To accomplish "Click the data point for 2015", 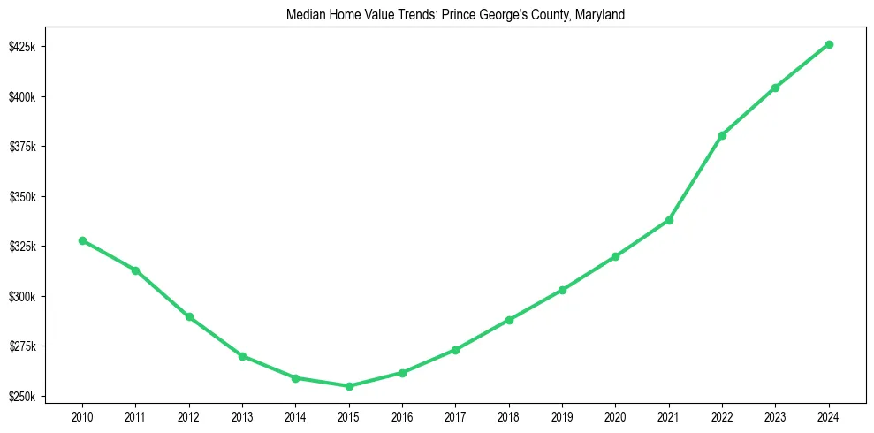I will point(349,386).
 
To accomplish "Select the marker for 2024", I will point(829,44).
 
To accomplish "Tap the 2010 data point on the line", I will point(82,240).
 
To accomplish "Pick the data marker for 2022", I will point(722,135).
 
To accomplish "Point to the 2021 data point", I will point(669,220).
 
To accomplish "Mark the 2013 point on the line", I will point(242,356).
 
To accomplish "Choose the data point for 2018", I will point(509,320).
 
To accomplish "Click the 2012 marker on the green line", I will point(189,316).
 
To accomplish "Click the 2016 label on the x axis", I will point(402,416).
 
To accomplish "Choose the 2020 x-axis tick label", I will point(615,416).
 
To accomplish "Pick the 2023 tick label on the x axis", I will point(775,416).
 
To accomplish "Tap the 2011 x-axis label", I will point(135,416).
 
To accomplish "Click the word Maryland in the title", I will point(601,15).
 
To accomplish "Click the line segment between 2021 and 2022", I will point(695,178).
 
